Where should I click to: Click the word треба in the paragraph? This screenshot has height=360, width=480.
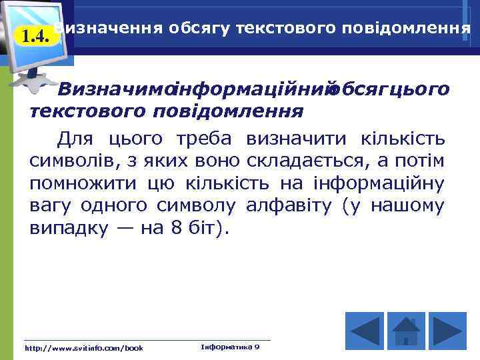click(x=205, y=139)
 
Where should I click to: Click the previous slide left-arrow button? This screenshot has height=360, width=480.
click(x=364, y=329)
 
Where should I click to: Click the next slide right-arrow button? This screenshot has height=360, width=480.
click(x=447, y=329)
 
